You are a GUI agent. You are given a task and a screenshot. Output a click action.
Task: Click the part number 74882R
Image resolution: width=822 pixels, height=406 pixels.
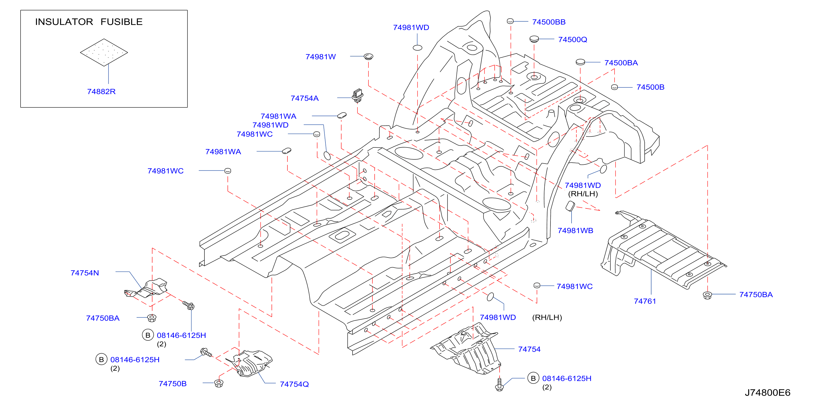click(101, 92)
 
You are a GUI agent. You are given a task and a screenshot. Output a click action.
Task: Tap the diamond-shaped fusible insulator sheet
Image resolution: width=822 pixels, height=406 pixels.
click(104, 52)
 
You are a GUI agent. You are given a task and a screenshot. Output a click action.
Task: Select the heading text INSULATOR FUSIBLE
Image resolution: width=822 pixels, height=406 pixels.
click(89, 22)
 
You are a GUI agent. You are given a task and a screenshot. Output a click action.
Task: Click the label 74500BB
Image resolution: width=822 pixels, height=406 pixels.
click(549, 22)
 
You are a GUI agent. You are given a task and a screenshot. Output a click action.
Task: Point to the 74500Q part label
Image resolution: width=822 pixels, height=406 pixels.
click(572, 40)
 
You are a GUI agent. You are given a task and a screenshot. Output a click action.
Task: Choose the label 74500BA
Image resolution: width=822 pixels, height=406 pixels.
click(621, 63)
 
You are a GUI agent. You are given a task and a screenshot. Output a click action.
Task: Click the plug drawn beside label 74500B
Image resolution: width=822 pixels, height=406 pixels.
click(614, 87)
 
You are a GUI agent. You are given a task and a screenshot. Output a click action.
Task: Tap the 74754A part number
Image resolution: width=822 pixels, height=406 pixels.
click(304, 98)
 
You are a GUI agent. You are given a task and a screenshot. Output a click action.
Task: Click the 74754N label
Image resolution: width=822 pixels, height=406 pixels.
click(85, 273)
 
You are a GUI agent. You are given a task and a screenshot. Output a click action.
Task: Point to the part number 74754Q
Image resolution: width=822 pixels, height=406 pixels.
click(294, 384)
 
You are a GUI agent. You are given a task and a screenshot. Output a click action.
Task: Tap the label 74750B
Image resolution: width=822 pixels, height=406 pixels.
click(172, 384)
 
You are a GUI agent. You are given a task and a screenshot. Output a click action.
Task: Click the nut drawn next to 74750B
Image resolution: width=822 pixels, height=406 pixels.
click(219, 383)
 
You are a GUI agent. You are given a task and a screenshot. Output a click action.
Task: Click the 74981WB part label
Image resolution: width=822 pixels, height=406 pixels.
click(575, 231)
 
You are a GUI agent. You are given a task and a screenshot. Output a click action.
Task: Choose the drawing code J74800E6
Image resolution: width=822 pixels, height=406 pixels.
click(768, 393)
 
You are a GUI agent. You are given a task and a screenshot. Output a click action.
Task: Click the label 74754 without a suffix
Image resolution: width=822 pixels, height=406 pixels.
click(529, 349)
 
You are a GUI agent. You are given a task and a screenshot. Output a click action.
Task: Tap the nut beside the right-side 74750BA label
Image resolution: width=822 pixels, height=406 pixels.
click(707, 295)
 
